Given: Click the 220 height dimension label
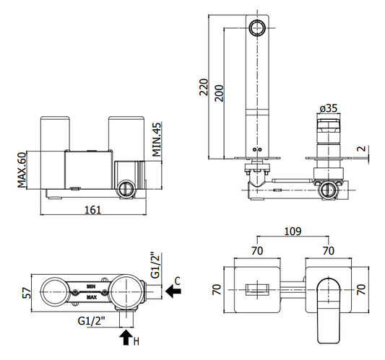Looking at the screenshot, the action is [204, 87].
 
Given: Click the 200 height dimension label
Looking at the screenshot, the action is [219, 93].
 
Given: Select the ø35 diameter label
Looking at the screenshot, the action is [329, 108].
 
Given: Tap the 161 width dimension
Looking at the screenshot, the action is [92, 210].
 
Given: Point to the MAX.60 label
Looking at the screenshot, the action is [22, 170].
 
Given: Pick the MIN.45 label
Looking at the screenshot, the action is [157, 139].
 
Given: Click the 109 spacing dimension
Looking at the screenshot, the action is [293, 232].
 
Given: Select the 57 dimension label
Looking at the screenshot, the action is [27, 293].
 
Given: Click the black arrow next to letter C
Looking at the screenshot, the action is [173, 291].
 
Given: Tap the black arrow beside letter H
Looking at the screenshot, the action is [126, 337].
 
